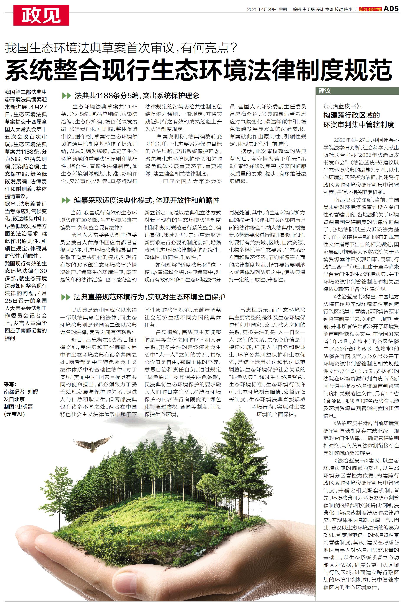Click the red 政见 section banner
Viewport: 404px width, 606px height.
[41, 15]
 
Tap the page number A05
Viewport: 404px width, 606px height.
[391, 9]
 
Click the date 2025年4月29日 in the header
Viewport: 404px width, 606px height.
[262, 10]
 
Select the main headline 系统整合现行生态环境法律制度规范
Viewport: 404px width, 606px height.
[199, 70]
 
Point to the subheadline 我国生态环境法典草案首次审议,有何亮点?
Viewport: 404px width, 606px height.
[121, 48]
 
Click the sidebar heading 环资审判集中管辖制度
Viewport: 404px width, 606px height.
[359, 125]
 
